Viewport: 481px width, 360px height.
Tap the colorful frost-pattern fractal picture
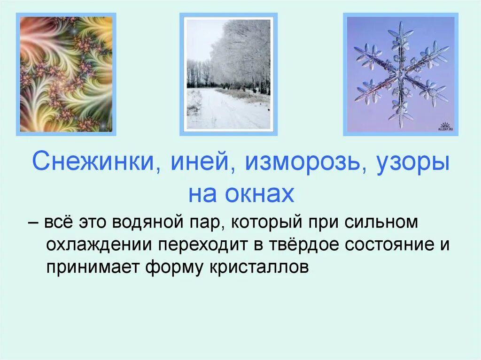pos(66,74)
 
